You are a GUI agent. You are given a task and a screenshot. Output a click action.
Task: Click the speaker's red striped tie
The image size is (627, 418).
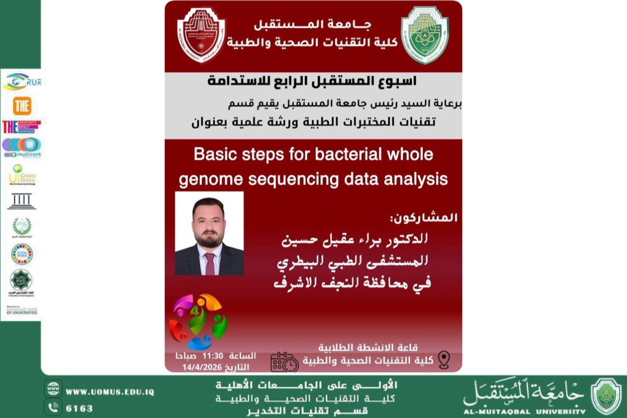click(x=210, y=263)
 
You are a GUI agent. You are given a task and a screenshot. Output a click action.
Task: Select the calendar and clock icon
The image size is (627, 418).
click(x=285, y=362)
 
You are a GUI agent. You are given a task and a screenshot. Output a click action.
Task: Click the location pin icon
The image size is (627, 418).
click(x=444, y=359)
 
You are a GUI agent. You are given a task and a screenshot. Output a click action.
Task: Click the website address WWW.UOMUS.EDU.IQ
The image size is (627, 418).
click(x=110, y=392)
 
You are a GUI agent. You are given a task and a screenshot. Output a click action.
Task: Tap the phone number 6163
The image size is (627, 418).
click(x=79, y=408)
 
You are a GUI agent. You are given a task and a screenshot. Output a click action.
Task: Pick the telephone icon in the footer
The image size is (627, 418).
click(x=53, y=407)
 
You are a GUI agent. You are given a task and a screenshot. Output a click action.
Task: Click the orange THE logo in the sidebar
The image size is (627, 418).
click(x=22, y=106)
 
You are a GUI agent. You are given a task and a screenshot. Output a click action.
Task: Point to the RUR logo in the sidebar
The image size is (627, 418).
click(x=22, y=81)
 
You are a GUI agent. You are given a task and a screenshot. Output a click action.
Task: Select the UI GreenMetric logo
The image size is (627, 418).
click(x=22, y=175)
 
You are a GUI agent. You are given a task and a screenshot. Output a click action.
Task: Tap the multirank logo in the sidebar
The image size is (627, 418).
click(x=22, y=148)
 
